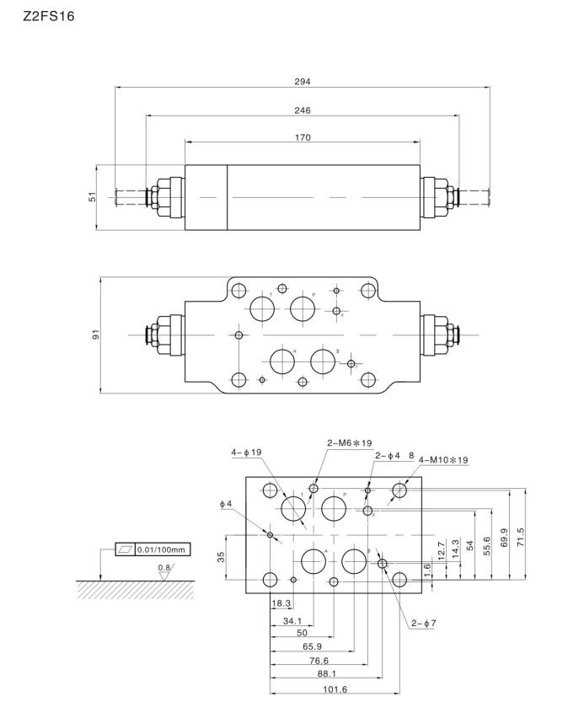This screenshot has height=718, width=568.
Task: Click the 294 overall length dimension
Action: click(x=303, y=82)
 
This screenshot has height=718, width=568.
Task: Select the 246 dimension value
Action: click(x=303, y=110)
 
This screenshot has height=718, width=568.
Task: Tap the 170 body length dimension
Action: click(x=303, y=137)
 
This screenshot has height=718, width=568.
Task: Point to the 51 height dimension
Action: click(x=94, y=196)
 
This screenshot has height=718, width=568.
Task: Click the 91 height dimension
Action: click(x=95, y=335)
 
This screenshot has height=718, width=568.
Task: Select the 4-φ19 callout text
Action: click(x=247, y=453)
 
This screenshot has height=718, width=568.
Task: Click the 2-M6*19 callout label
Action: click(x=349, y=442)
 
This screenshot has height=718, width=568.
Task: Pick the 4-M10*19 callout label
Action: click(x=443, y=460)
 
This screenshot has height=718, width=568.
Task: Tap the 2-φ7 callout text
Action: click(x=424, y=624)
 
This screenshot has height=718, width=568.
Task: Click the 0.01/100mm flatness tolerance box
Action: click(x=163, y=549)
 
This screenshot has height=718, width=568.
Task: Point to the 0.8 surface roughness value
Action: click(x=163, y=568)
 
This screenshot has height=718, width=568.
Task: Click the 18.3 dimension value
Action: click(x=281, y=603)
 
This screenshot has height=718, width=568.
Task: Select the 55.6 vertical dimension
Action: click(x=489, y=547)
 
